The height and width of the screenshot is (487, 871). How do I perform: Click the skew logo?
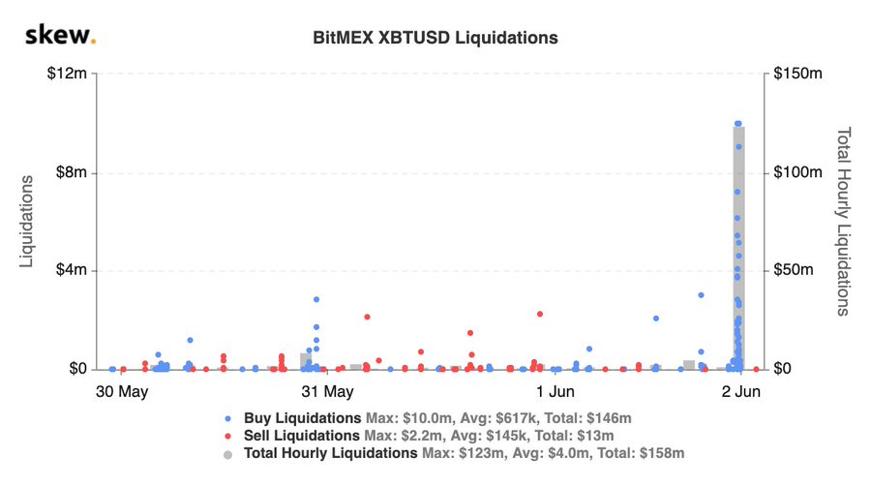click(60, 37)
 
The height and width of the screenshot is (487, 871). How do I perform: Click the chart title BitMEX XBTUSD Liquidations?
click(435, 39)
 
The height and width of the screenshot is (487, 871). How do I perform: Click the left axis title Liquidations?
click(28, 222)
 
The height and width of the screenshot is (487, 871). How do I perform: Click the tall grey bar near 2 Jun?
click(737, 247)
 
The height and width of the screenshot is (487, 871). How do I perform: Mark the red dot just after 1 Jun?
click(540, 314)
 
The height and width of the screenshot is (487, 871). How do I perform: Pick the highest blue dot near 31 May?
click(316, 299)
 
